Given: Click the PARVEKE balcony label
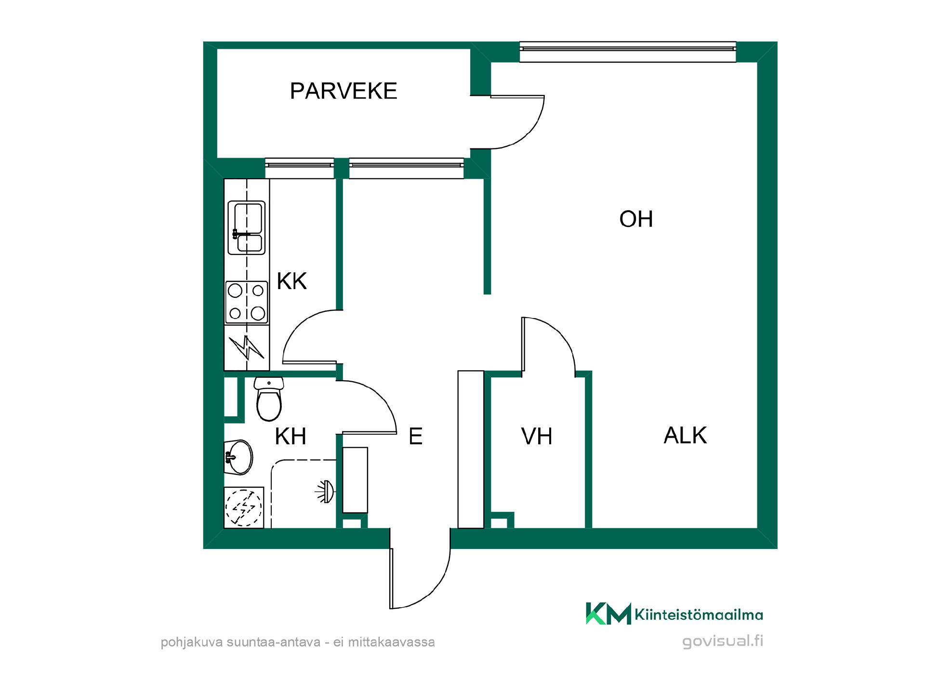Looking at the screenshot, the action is coord(344,91).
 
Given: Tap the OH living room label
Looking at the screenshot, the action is coord(636,219).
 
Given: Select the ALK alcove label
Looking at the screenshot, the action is coord(685,436).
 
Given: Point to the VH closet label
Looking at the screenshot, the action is coord(537,437).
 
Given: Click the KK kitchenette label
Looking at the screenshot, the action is coord(292,281).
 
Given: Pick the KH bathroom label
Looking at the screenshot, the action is coord(291,437).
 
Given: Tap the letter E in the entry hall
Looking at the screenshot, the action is coord(415,437).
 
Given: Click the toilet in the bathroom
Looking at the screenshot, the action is coord(269,399).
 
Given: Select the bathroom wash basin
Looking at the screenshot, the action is coord(238,457).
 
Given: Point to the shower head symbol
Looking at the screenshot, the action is coord(325,492).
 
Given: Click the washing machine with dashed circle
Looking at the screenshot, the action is coord(244,507).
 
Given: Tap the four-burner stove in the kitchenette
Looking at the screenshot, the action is coord(247,303).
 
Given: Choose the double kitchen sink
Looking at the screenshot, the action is coord(246,227).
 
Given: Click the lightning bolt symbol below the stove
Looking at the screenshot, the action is coord(247,347).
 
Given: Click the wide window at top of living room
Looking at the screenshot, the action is coord(628,52).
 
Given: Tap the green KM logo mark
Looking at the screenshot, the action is coord(608,614).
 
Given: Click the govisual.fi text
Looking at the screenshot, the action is coord(723,641).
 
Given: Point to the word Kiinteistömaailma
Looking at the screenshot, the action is coord(699,614).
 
